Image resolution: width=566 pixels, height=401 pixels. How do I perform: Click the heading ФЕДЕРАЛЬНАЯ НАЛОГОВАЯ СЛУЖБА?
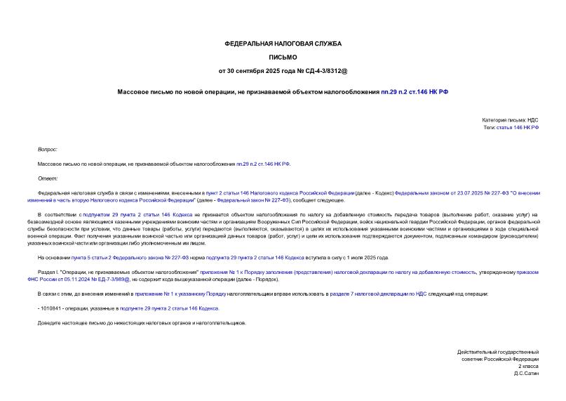click(283, 44)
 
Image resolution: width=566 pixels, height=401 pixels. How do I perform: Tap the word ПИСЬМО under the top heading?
click(283, 57)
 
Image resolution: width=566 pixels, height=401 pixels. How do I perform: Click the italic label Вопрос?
click(48, 150)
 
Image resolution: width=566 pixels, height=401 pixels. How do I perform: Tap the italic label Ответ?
click(47, 178)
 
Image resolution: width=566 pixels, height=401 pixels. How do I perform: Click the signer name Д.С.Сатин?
click(526, 374)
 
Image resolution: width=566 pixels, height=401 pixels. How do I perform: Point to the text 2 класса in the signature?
click(528, 366)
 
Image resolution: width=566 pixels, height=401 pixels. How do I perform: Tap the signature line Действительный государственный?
click(497, 351)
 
